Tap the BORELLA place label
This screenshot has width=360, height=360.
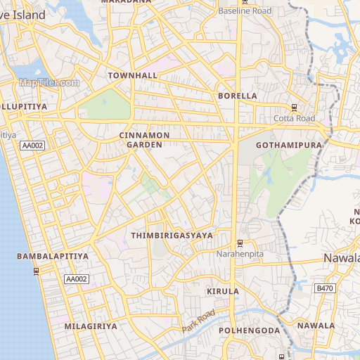[238, 95]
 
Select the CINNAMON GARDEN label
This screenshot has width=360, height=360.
[141, 139]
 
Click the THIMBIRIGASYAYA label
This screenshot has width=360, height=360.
[172, 236]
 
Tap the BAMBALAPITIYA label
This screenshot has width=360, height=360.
[53, 257]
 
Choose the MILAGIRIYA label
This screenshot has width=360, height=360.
[91, 327]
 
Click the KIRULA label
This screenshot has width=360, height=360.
[223, 291]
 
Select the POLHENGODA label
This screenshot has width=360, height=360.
[249, 330]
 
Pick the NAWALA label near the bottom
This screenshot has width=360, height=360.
[316, 326]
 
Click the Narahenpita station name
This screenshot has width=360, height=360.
[240, 253]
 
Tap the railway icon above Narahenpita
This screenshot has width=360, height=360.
[240, 243]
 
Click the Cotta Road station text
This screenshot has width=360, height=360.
[295, 118]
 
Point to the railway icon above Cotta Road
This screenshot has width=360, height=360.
[294, 108]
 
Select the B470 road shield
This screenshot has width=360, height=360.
[324, 288]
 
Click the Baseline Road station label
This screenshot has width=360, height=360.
[245, 11]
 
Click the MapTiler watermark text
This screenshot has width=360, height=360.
[49, 83]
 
